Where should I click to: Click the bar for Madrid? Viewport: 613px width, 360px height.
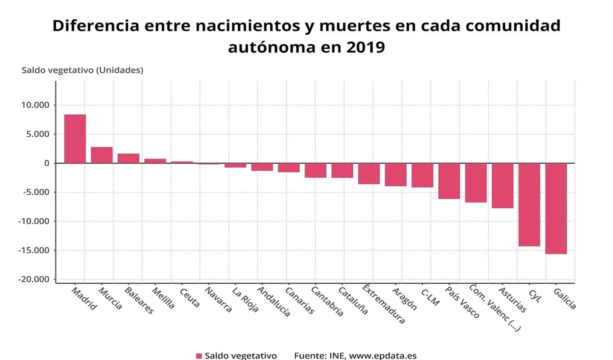[75, 138]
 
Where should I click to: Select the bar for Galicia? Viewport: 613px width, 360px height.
[556, 208]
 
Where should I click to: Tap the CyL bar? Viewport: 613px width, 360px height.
[529, 204]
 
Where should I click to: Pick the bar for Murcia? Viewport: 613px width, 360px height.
[101, 155]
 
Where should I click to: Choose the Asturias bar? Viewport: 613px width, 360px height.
[502, 185]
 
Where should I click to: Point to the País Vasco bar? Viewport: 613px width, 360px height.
[449, 181]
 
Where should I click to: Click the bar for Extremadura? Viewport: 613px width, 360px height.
[369, 173]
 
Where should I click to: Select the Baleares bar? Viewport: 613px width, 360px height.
[128, 158]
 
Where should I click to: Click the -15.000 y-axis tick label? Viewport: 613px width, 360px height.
[34, 250]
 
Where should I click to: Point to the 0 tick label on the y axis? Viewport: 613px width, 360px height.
[46, 163]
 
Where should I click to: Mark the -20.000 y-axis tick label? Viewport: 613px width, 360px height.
[34, 279]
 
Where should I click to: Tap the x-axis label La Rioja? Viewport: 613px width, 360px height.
[245, 299]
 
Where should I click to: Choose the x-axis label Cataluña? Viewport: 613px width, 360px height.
[353, 300]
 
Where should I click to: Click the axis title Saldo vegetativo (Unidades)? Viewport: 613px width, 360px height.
[82, 70]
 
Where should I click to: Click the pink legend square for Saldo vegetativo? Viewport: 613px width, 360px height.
[198, 356]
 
